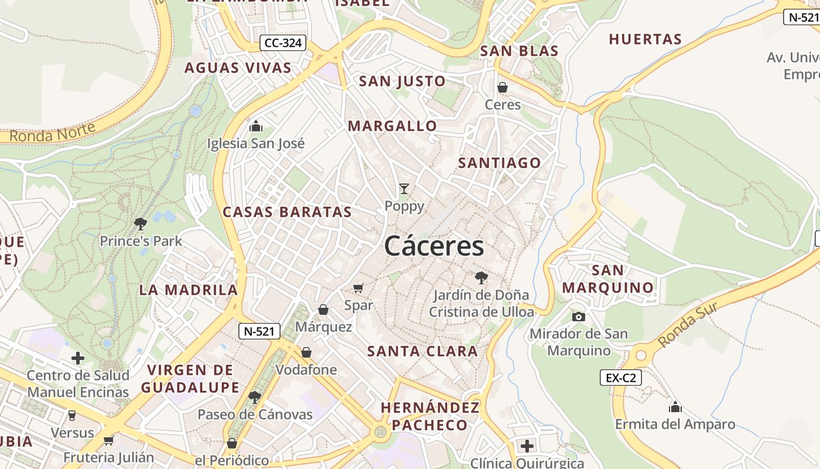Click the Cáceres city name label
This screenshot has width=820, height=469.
click(x=434, y=246)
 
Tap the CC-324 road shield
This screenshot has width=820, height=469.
click(x=283, y=43)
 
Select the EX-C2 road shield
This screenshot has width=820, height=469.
click(x=621, y=378)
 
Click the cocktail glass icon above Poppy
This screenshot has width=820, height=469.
click(x=404, y=189)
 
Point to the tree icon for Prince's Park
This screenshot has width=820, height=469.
click(x=140, y=223)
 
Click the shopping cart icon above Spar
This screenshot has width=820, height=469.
click(x=358, y=288)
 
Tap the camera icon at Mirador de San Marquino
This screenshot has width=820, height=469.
click(x=579, y=317)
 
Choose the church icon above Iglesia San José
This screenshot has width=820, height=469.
click(x=256, y=126)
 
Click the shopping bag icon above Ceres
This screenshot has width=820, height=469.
click(x=503, y=87)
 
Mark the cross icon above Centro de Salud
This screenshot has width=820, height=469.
click(x=78, y=358)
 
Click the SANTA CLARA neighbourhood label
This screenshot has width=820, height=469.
click(x=422, y=352)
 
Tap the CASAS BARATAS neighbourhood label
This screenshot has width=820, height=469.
click(x=287, y=212)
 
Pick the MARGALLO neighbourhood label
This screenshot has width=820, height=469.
click(x=392, y=126)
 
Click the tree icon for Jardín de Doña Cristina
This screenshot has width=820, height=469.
click(x=481, y=277)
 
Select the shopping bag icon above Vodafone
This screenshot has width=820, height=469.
click(x=306, y=352)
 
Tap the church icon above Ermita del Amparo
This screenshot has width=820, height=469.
click(x=675, y=407)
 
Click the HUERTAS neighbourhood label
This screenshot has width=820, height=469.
click(x=645, y=39)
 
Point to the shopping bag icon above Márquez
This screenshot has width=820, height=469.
click(x=323, y=310)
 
